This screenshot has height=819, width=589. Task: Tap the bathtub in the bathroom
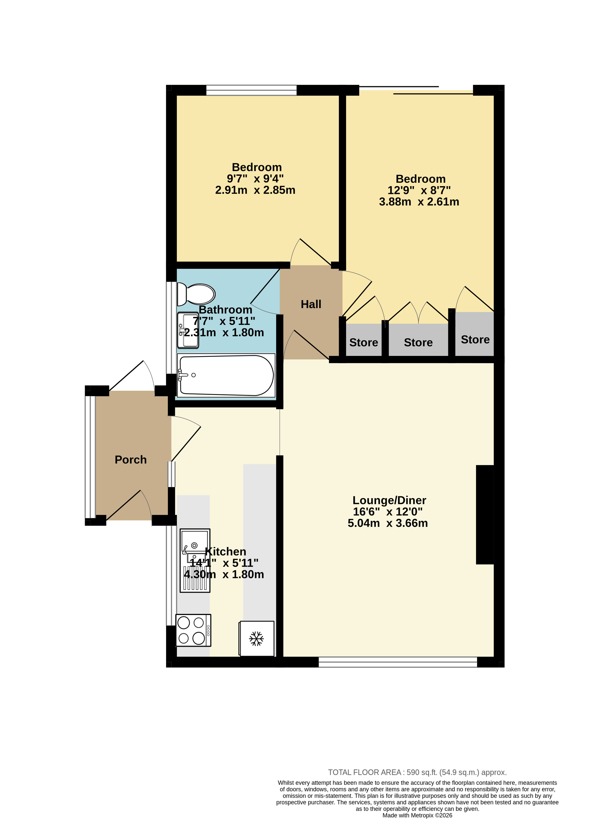coord(226,375)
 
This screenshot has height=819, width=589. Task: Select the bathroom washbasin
coord(188,330)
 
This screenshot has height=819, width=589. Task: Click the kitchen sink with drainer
coord(195,560)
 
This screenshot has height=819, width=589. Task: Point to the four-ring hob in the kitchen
coord(194,630)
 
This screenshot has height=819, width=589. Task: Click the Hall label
coord(311,304)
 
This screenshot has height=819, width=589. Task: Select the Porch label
coord(131,460)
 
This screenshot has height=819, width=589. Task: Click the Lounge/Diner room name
coord(389,500)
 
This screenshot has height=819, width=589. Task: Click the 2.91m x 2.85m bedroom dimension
coord(255,190)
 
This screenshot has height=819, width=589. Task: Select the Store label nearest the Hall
coord(363,342)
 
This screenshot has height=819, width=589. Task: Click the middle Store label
coord(418,342)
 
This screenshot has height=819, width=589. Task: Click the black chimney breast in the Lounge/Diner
coord(485,515)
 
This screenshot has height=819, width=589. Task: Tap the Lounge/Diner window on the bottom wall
coord(398,662)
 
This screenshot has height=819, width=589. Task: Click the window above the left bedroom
coord(251,90)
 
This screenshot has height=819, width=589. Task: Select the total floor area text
coord(417,772)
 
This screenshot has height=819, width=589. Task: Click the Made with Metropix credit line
coord(417,815)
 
